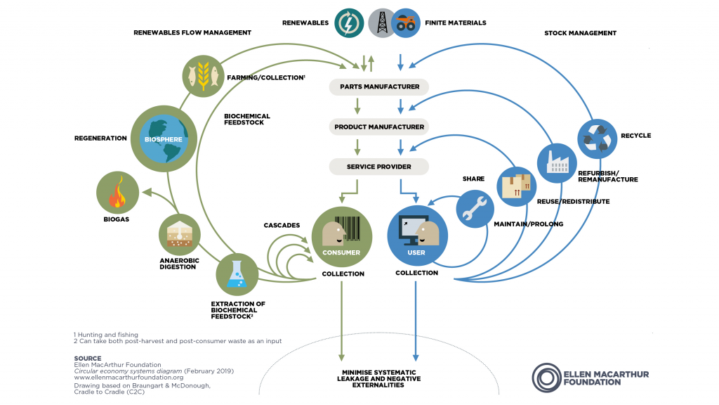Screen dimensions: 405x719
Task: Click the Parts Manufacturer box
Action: click(379, 87)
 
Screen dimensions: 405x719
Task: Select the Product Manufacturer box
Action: click(379, 127)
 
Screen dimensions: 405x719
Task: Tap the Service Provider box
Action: click(379, 167)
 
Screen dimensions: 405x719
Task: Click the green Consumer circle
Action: click(341, 236)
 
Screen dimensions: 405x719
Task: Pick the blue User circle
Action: click(417, 236)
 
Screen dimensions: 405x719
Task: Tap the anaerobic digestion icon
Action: click(180, 236)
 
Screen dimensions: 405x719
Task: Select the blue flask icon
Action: click(237, 275)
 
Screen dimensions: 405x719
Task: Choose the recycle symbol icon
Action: click(598, 139)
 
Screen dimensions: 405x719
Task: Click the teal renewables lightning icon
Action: click(348, 22)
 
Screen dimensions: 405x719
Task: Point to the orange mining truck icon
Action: click(405, 22)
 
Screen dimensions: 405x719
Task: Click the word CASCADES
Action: click(282, 225)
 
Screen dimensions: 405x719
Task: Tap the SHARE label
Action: click(473, 179)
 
